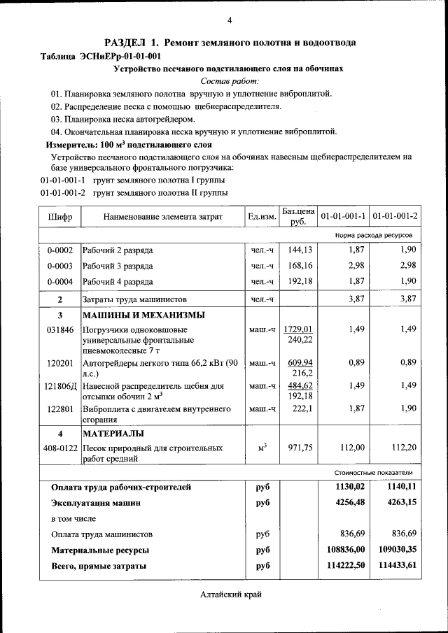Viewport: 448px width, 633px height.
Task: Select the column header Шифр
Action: click(x=60, y=217)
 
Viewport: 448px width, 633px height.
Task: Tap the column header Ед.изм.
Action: click(x=262, y=217)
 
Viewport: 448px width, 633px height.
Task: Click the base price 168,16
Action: click(x=300, y=266)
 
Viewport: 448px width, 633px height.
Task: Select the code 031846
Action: click(x=60, y=329)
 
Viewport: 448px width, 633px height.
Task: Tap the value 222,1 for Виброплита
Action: click(x=302, y=409)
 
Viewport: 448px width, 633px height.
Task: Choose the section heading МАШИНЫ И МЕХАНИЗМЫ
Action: click(x=139, y=315)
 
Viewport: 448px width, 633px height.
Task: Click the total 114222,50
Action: click(x=346, y=566)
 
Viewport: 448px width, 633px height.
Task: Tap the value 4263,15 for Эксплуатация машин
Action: click(x=400, y=502)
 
